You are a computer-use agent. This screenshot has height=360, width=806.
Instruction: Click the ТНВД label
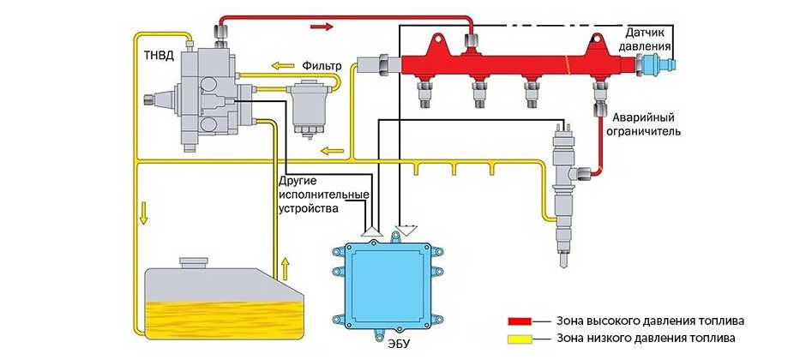158,57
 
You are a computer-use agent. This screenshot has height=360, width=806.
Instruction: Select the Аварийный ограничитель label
646,125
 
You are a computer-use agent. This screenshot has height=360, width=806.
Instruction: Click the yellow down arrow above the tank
143,210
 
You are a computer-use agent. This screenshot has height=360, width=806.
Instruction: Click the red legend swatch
520,321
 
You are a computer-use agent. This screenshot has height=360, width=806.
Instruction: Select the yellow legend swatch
520,339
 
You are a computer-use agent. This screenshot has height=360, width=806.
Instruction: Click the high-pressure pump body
206,99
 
